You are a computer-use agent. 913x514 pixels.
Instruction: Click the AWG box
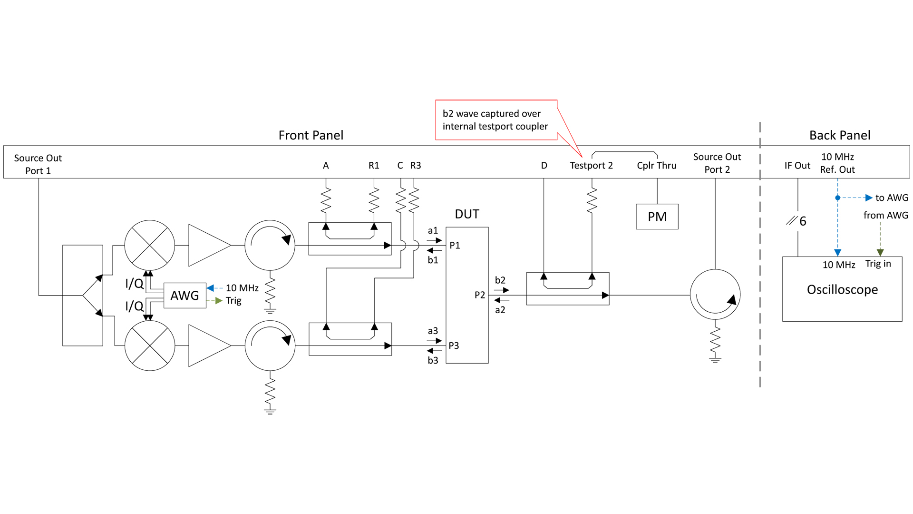(185, 296)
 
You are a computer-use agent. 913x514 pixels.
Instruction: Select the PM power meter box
(657, 217)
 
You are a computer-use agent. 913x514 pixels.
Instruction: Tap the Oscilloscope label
(842, 289)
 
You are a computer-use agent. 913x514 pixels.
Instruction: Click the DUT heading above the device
(467, 214)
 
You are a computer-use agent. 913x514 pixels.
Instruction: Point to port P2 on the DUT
(480, 295)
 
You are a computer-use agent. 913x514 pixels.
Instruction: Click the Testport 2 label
(591, 166)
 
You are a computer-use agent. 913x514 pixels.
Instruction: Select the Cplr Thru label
(657, 166)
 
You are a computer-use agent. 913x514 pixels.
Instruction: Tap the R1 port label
(374, 166)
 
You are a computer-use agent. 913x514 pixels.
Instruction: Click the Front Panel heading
(311, 135)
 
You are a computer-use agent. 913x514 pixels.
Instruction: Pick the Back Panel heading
(840, 135)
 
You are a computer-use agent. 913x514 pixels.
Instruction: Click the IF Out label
(797, 166)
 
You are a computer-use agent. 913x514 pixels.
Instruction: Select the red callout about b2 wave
(496, 120)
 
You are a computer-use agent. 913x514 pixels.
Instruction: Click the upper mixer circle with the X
(150, 245)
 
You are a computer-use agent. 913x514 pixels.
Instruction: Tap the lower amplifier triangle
(209, 346)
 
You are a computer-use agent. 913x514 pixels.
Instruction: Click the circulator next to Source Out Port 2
(715, 295)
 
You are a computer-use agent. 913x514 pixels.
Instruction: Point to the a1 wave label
(433, 231)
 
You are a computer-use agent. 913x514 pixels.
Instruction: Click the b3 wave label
(433, 360)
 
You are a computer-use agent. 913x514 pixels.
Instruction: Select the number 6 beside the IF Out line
(803, 221)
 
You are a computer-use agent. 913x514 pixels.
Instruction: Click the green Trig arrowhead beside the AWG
(219, 301)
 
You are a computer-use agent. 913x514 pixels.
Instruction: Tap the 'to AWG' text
(892, 198)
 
